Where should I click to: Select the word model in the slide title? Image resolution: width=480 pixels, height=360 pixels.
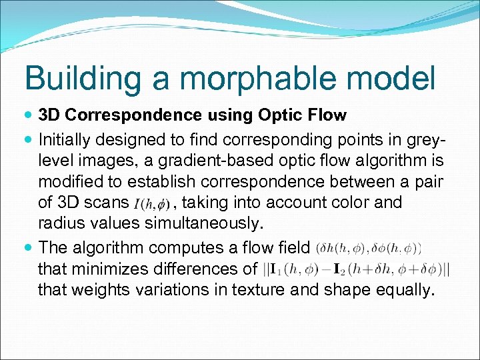[394, 78]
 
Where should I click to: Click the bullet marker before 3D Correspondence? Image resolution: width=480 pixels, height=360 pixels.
[29, 115]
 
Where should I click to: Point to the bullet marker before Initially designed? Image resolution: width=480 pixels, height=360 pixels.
[29, 140]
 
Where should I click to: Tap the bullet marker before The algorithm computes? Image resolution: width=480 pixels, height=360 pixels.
[29, 248]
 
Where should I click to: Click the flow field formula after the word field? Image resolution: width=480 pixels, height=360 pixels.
[368, 248]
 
